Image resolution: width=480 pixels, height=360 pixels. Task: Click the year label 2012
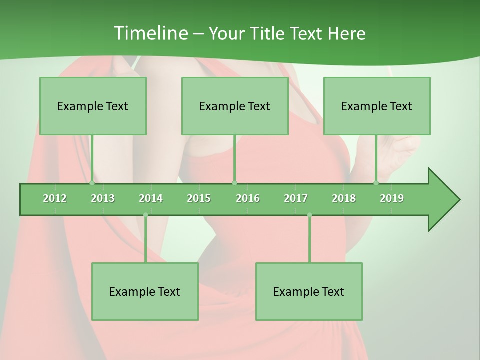point(55,198)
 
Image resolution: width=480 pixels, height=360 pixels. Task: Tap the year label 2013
point(103,198)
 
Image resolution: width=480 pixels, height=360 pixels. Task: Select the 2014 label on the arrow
point(151,198)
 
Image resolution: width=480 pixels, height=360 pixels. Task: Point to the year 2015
point(199,198)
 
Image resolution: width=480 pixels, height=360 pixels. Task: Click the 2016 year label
point(248,198)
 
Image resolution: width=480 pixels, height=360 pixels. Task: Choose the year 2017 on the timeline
point(296,198)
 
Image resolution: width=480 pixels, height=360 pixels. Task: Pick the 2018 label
point(344,198)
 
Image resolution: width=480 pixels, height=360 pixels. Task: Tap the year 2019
point(392,198)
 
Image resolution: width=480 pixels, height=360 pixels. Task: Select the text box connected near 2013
point(93,106)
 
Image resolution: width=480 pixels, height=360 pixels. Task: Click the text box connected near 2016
point(235,106)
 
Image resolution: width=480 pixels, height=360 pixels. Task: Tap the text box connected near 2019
point(377,106)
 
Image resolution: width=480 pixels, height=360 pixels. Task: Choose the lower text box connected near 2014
point(145,291)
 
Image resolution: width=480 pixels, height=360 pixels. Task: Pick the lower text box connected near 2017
point(309,291)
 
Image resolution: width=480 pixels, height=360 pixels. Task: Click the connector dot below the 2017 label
point(309,215)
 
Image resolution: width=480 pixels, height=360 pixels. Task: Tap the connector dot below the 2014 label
point(145,215)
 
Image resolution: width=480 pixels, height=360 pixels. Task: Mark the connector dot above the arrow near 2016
point(235,183)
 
